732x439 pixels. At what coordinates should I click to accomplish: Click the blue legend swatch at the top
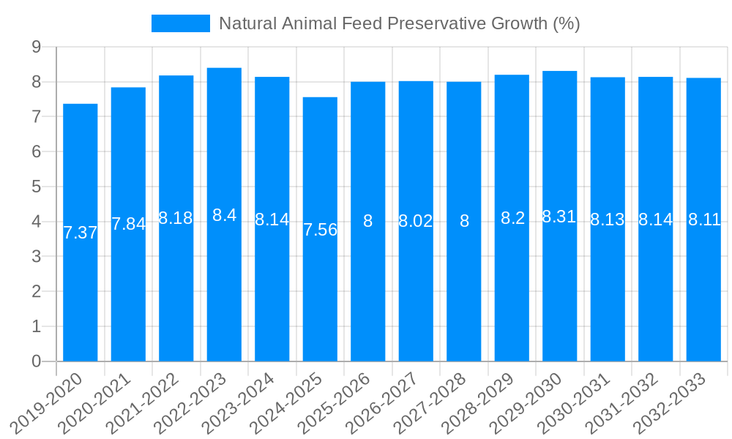tap(180, 23)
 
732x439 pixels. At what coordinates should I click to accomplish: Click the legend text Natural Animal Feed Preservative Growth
tap(399, 23)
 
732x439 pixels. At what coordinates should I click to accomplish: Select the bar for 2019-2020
tap(81, 293)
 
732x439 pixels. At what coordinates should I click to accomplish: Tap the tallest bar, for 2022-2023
tap(224, 293)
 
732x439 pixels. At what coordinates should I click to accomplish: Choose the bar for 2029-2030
tap(560, 293)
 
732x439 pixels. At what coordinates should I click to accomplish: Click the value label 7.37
tap(81, 233)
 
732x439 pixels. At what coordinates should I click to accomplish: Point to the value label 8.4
tap(224, 215)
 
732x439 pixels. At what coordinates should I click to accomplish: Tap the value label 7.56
tap(320, 230)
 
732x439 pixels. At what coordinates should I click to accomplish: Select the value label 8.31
tap(560, 217)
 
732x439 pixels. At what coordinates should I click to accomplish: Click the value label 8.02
tap(416, 221)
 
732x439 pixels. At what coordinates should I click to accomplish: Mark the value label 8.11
tap(704, 219)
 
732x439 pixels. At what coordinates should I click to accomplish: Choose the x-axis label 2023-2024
tap(240, 402)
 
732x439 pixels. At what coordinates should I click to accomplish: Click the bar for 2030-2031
tap(608, 293)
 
